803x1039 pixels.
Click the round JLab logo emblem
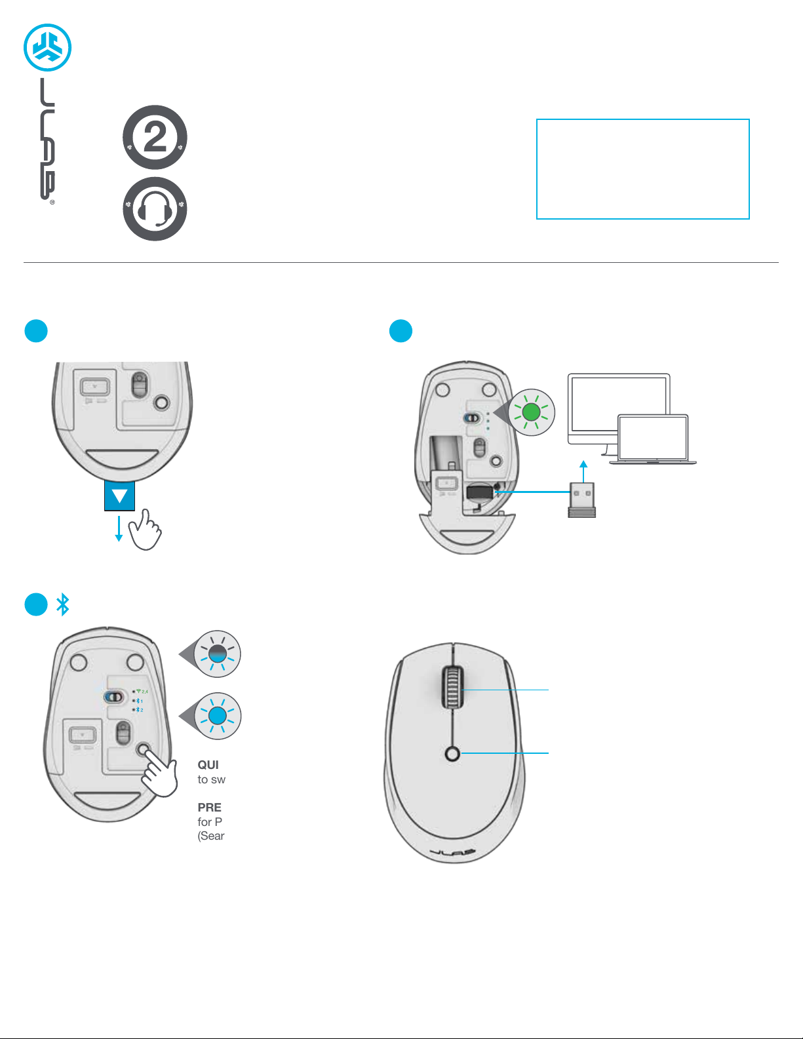tap(47, 47)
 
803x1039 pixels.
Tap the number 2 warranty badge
tap(155, 138)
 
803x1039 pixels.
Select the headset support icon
tap(155, 209)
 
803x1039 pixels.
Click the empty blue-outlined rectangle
tap(642, 169)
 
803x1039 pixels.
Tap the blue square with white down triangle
tap(119, 496)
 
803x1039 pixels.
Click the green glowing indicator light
tap(532, 412)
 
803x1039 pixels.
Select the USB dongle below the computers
tap(582, 500)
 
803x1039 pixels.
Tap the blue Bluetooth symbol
tap(62, 604)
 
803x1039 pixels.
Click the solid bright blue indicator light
tap(217, 716)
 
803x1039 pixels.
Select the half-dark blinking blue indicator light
tap(217, 654)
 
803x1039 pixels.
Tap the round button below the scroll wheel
tap(452, 754)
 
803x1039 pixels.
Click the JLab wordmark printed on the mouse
tap(453, 852)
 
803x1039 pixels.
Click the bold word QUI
tap(208, 765)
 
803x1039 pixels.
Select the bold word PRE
tap(210, 808)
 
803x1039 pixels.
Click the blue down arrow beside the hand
tap(119, 528)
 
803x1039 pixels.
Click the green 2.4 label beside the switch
tap(144, 692)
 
